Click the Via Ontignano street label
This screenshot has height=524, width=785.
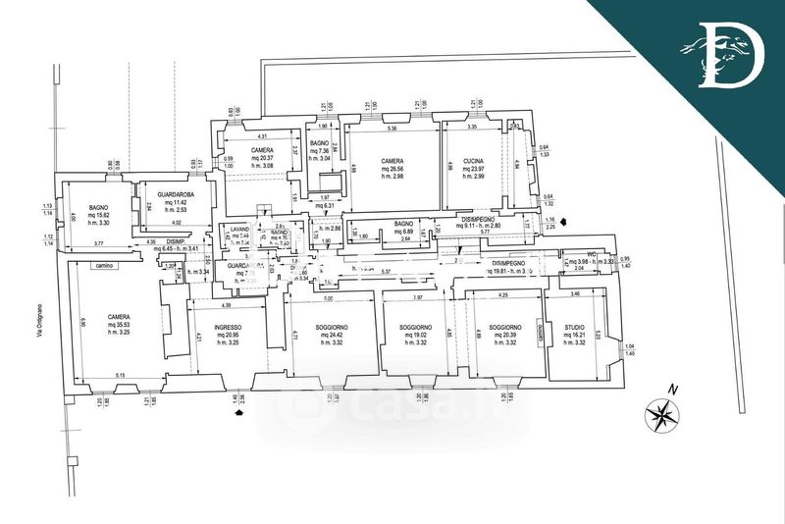(x=40, y=323)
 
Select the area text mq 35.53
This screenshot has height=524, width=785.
(x=121, y=324)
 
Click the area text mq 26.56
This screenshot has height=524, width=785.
(x=392, y=168)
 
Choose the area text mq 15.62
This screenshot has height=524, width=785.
(x=97, y=216)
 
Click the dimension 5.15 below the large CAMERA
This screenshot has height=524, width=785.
(x=120, y=376)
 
